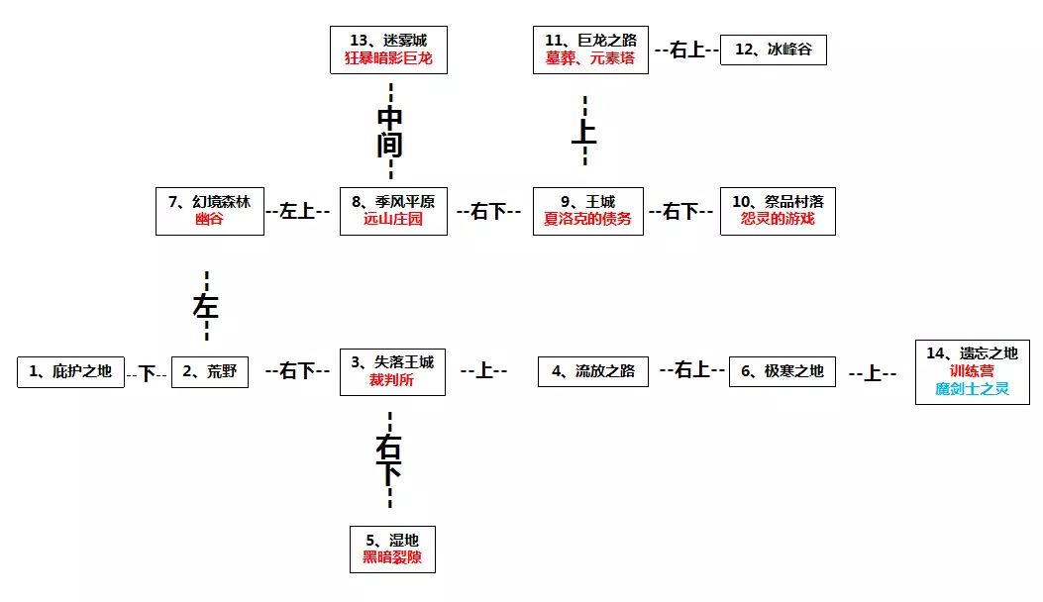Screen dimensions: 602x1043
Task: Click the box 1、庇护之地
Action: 70,372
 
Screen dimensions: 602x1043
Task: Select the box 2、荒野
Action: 210,372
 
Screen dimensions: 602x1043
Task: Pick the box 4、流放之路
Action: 592,372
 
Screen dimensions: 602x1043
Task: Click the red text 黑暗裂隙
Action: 391,557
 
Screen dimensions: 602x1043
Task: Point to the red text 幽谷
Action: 209,219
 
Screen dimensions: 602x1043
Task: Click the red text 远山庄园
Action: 393,219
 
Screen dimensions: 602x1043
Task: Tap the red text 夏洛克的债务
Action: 587,219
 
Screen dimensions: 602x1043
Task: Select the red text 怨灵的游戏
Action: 778,219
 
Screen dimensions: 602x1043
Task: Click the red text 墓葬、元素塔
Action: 590,58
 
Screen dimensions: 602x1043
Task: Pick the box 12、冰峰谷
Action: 773,50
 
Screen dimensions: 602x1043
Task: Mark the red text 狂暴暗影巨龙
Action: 390,58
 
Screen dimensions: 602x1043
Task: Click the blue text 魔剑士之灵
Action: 972,389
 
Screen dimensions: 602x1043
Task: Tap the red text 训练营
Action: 972,371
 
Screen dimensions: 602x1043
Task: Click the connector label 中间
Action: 390,132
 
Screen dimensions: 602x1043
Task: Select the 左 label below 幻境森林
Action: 205,306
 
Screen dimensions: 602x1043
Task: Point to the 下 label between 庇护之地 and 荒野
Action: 148,373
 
